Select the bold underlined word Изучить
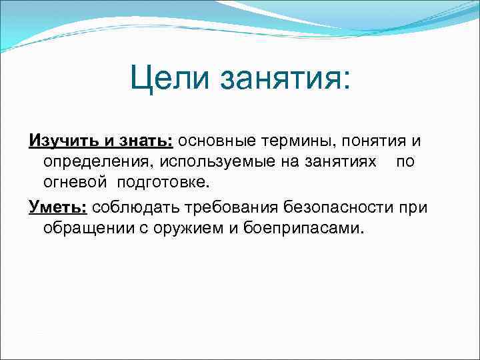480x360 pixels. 57,141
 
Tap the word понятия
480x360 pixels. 379,141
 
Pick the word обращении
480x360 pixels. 89,229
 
